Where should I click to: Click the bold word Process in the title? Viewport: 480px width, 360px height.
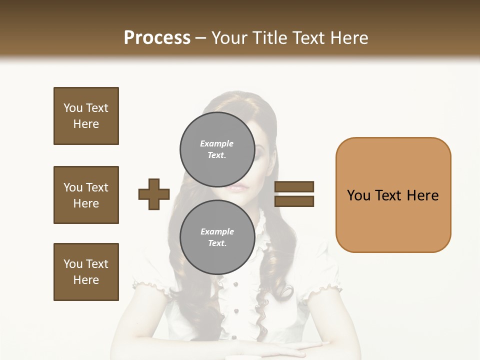pos(157,38)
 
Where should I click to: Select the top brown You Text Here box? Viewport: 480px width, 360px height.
pos(86,116)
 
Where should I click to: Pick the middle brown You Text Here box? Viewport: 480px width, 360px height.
pos(86,195)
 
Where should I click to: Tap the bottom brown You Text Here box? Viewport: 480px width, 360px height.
pos(86,272)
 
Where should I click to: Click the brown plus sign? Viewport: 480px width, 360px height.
pos(154,194)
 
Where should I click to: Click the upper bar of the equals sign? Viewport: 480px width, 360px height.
pos(294,186)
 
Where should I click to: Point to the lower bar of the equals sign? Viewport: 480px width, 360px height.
pos(294,201)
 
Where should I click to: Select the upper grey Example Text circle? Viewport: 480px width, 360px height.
pos(217,149)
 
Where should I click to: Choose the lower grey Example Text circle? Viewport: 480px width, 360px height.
pos(217,237)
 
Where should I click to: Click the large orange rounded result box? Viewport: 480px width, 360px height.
pos(393,195)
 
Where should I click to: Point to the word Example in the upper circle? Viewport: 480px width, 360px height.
pos(216,143)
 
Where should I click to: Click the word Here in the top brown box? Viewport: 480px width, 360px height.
pos(86,124)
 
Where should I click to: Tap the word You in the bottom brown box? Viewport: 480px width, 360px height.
pos(73,264)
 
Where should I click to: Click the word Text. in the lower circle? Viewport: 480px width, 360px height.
pos(217,243)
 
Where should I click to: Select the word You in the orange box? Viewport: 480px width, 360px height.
pos(358,195)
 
